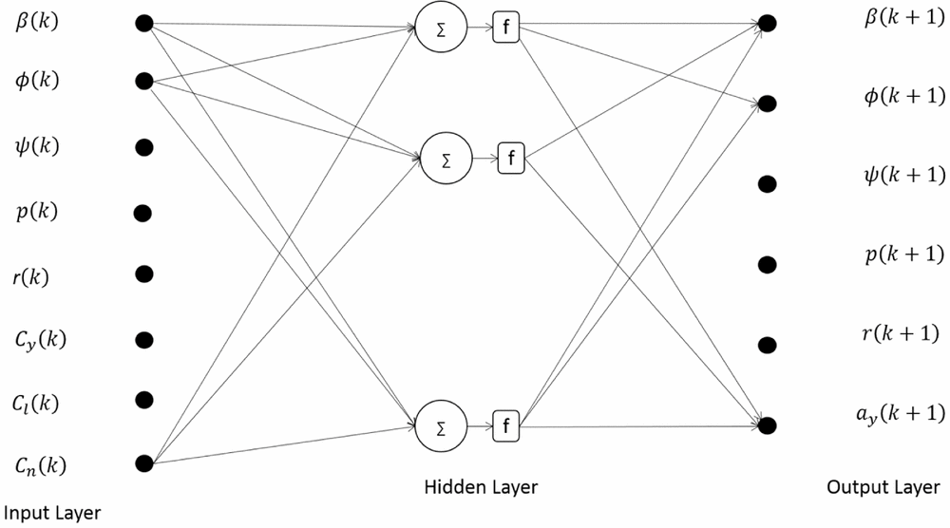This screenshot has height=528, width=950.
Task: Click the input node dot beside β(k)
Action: (144, 23)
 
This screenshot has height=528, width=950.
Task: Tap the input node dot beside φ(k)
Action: (144, 82)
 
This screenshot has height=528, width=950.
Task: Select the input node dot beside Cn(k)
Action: (144, 463)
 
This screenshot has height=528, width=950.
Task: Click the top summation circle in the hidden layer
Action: (441, 29)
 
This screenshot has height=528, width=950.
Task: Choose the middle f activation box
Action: (511, 158)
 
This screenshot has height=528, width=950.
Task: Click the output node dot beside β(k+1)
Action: (768, 22)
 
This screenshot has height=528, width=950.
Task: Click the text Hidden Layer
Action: (481, 488)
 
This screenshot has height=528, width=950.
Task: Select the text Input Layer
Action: (50, 513)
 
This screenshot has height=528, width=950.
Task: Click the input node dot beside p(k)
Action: (144, 213)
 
